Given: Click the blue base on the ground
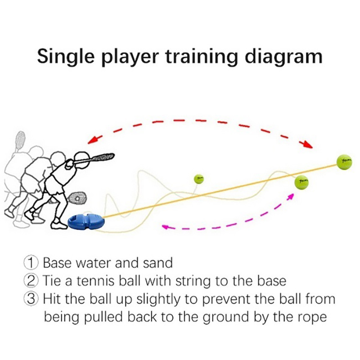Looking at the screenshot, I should pyautogui.click(x=86, y=221).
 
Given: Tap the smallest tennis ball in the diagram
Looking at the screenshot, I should pyautogui.click(x=198, y=179).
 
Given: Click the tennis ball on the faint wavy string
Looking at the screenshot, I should pyautogui.click(x=301, y=182).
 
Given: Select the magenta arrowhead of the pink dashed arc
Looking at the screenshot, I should pyautogui.click(x=166, y=227).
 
